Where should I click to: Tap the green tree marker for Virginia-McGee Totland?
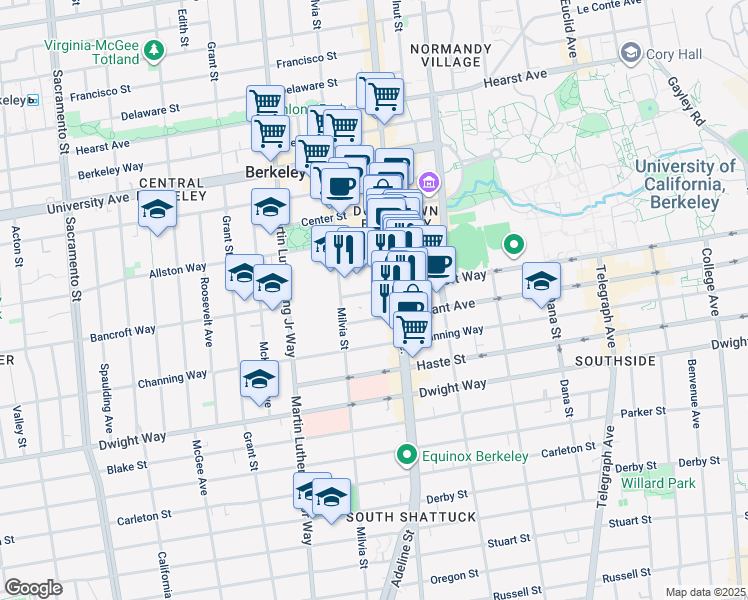click(x=153, y=49)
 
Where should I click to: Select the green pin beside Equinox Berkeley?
click(x=407, y=456)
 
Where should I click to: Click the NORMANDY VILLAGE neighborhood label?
click(x=450, y=56)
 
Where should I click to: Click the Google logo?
click(x=33, y=587)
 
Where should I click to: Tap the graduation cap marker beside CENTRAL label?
click(x=157, y=211)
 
